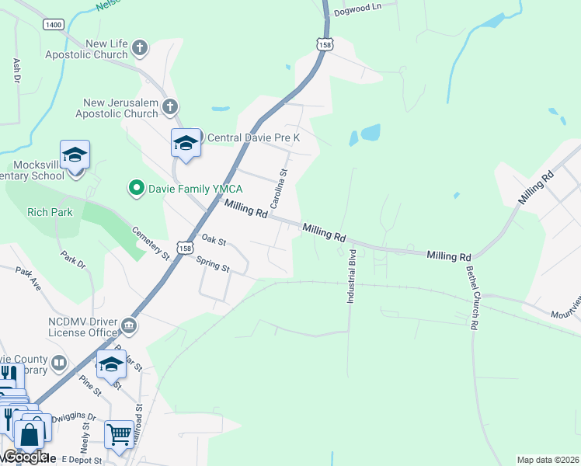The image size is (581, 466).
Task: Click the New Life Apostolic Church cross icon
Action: pos(141,49)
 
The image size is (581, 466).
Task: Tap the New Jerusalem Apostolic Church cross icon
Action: pos(170,107)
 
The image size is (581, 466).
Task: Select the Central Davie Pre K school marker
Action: pos(186,143)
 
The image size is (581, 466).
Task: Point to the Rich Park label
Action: pos(49,211)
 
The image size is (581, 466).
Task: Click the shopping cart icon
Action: pos(118,436)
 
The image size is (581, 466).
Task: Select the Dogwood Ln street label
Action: pos(357,9)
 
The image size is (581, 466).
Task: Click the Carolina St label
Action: pos(279,189)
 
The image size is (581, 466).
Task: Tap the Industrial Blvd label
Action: pos(352,276)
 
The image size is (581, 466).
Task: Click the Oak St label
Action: pos(213,240)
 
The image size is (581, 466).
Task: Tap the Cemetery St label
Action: pos(151,242)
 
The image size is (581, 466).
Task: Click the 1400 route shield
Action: pos(54,25)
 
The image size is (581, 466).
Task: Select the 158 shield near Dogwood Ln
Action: pos(325,44)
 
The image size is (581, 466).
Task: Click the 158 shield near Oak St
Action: pos(184,248)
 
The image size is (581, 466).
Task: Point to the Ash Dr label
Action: pos(16,71)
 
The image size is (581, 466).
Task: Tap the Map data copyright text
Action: pos(547,460)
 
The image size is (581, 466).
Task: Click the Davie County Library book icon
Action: pos(59,362)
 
